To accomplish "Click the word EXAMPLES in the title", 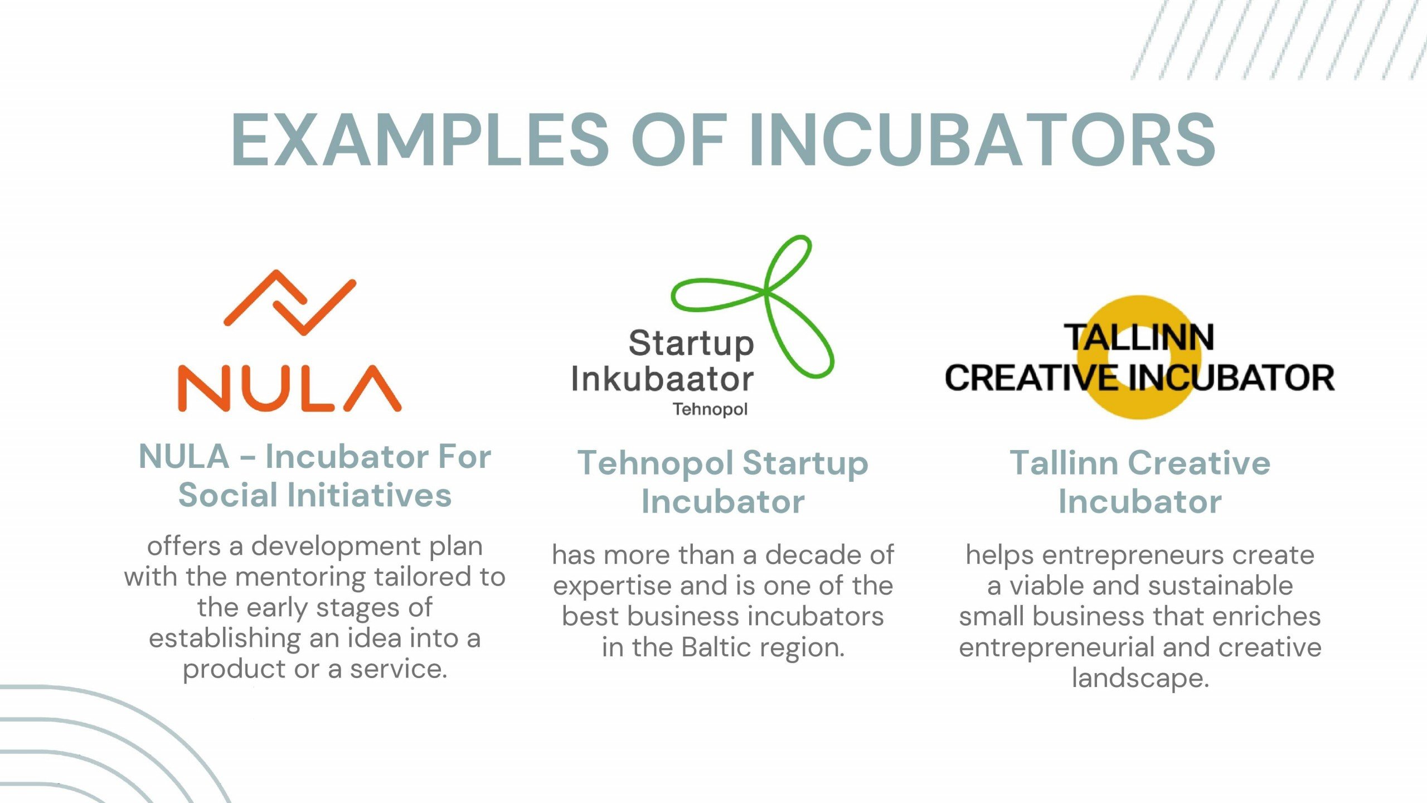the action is click(420, 139).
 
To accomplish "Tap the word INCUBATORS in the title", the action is click(982, 139).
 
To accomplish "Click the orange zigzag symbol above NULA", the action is click(289, 303).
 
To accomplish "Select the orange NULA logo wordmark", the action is click(289, 388).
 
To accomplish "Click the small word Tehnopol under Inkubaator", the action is click(710, 409).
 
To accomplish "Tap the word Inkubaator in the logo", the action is click(662, 379).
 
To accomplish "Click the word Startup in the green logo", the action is click(691, 344).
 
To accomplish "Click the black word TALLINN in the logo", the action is click(1139, 337).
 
